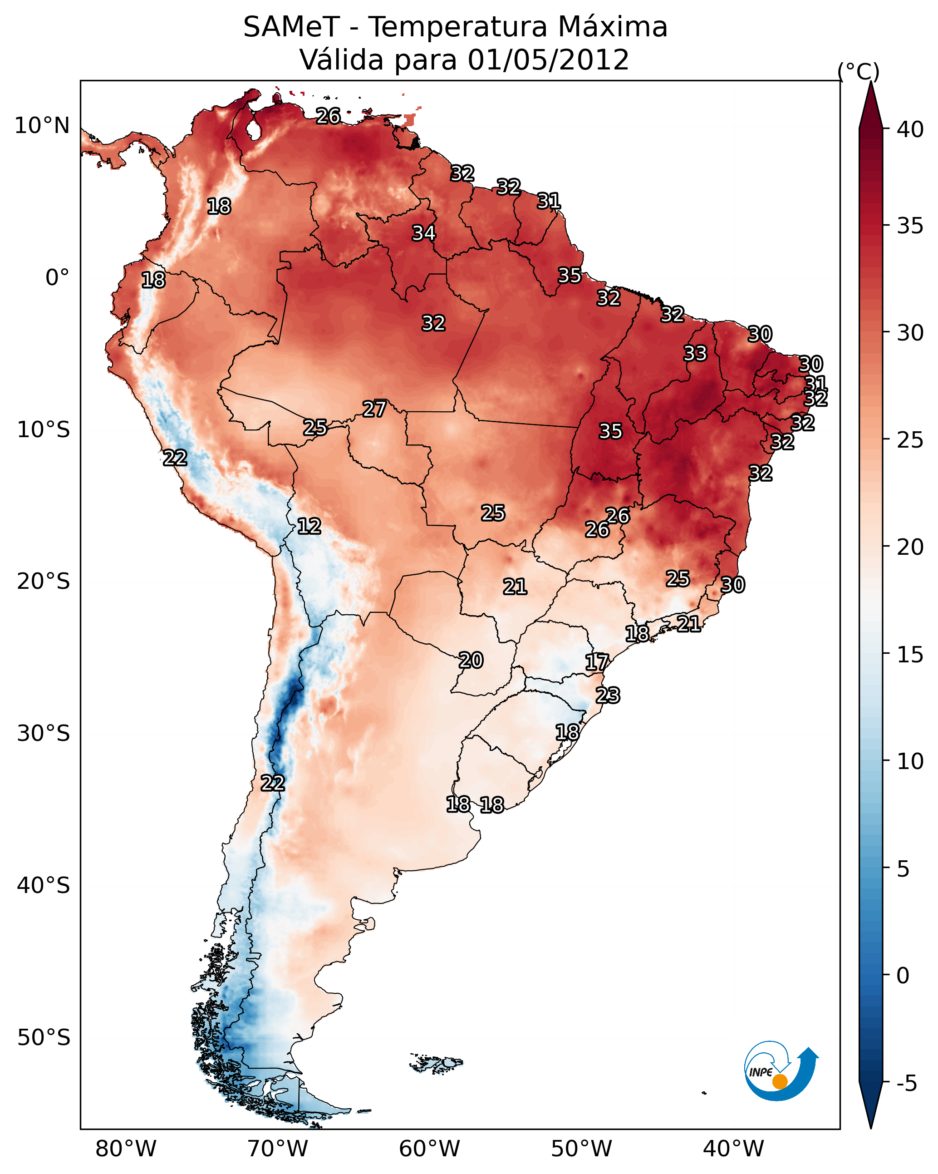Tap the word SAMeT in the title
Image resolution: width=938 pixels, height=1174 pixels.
(291, 27)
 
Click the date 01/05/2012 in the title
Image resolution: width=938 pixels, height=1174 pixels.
(548, 60)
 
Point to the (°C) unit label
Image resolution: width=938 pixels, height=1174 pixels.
(858, 71)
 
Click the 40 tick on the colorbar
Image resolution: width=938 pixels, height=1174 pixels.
(910, 129)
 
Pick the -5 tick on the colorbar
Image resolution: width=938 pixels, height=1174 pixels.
(907, 1084)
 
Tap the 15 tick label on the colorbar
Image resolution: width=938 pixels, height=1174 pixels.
(910, 655)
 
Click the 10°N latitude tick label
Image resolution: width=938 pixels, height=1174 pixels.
(42, 126)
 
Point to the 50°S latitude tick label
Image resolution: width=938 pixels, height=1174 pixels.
(44, 1038)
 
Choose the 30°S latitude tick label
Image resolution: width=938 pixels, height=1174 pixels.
(44, 734)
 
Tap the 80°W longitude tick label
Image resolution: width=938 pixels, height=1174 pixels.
(126, 1149)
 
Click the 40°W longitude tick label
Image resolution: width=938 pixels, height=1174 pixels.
(733, 1149)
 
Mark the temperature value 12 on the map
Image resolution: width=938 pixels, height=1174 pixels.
(309, 526)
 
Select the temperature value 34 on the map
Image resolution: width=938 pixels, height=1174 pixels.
(423, 233)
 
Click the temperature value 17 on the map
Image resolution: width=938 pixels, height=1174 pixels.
(597, 662)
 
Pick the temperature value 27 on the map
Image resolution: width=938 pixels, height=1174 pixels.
(374, 409)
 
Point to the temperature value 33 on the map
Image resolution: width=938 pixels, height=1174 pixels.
(695, 353)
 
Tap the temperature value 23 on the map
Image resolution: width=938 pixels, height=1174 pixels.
(608, 696)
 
